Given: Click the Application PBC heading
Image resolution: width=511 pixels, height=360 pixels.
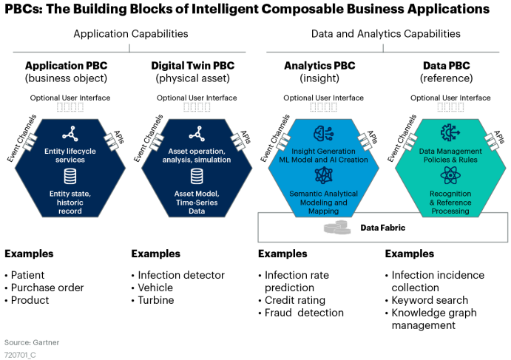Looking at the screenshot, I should [66, 66].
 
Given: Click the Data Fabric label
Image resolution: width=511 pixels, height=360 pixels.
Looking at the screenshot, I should [382, 228].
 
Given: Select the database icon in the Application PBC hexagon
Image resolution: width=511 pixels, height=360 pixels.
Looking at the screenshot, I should [71, 176].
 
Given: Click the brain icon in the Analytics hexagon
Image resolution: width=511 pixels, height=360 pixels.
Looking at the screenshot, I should [324, 134].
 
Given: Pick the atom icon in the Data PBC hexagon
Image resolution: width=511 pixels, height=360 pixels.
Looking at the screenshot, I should [450, 175].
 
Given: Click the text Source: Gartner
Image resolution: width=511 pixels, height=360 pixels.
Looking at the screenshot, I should [32, 342].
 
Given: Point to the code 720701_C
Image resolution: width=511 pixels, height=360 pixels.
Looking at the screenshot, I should [21, 355].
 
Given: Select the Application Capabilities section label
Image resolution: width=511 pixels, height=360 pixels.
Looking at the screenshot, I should [130, 34].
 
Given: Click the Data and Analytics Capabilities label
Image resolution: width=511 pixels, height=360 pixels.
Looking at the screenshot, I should [385, 34].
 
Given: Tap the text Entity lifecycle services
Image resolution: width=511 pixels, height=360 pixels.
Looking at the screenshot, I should [71, 154].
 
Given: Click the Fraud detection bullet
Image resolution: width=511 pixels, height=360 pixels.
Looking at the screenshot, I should [304, 313].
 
